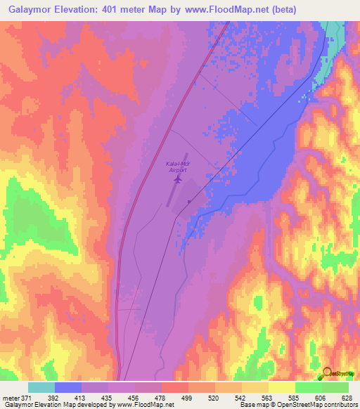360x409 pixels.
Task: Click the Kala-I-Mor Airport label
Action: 178,167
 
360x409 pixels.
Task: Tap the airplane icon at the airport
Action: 177,180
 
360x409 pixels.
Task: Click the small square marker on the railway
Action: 188,202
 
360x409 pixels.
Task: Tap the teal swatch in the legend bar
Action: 41,387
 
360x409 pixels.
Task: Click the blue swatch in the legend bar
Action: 68,387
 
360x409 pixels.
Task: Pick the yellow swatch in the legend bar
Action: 282,387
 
